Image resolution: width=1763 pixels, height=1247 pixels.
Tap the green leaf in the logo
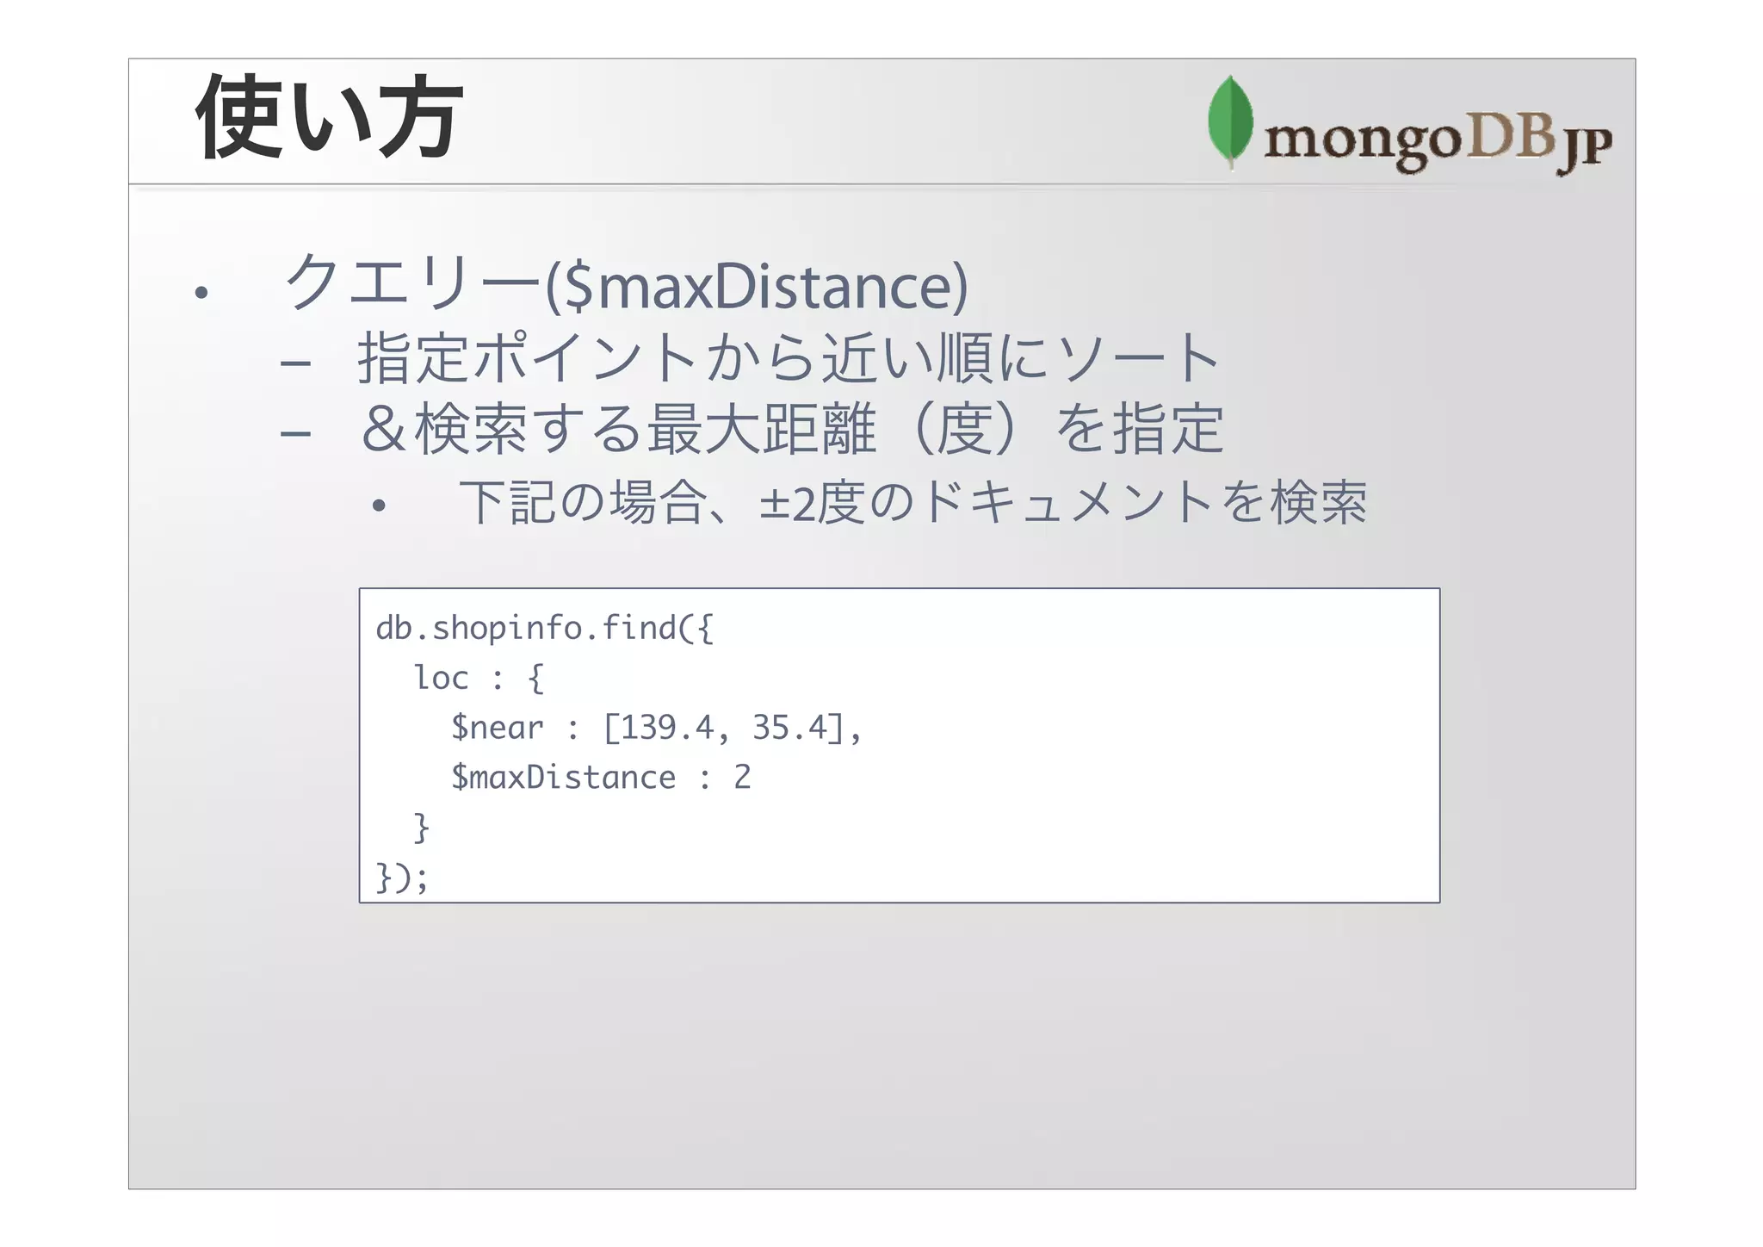click(x=1230, y=121)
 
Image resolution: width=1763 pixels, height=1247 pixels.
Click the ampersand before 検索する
click(x=383, y=429)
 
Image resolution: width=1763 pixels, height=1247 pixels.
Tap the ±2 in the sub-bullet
click(x=786, y=504)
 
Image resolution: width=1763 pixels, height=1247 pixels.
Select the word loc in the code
click(x=441, y=678)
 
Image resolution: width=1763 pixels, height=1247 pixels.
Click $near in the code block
click(x=498, y=729)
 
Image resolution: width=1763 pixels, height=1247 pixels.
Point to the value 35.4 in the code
click(x=789, y=728)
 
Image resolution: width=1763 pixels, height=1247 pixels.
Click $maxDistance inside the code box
click(x=564, y=778)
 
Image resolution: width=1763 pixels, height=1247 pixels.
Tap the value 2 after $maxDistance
click(x=742, y=778)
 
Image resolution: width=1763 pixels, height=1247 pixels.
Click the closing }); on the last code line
click(x=401, y=878)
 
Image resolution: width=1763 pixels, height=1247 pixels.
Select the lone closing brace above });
click(x=421, y=828)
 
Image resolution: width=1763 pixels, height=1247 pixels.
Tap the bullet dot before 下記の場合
click(x=379, y=506)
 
